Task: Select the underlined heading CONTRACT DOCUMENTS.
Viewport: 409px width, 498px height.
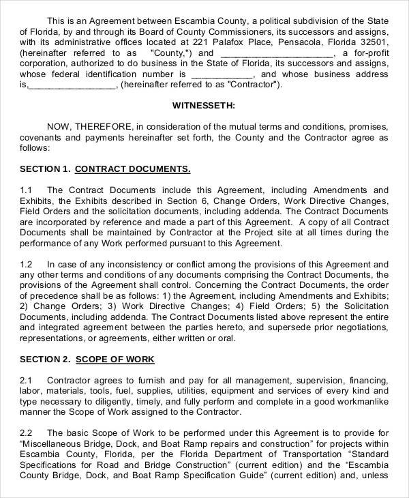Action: click(132, 169)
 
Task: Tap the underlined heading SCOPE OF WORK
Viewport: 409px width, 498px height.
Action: click(115, 359)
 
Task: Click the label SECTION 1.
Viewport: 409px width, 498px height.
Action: click(45, 169)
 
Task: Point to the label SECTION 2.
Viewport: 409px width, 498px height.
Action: click(45, 359)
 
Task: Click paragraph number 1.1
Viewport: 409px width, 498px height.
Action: click(27, 190)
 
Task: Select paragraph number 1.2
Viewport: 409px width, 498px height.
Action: click(27, 263)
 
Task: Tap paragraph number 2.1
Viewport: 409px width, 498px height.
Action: click(27, 380)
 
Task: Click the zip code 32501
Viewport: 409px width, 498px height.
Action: click(373, 42)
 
